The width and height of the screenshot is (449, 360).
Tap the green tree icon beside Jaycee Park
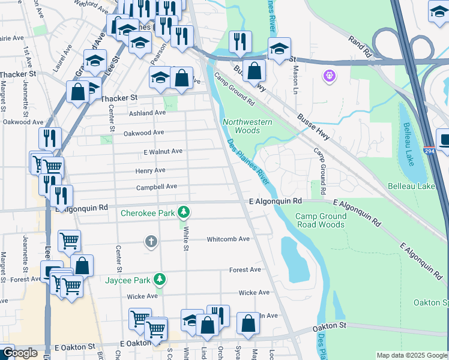click(x=160, y=279)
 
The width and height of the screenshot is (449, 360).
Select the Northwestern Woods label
click(x=247, y=126)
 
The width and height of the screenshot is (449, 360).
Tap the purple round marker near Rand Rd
click(x=328, y=76)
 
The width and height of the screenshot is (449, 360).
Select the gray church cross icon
click(x=151, y=241)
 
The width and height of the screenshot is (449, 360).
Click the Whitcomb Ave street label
click(x=228, y=239)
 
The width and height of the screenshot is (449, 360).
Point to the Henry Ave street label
click(x=150, y=170)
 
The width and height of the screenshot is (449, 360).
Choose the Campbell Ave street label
click(x=156, y=187)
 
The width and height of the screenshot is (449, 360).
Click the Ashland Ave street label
click(x=147, y=113)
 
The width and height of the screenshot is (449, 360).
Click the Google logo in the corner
click(x=20, y=353)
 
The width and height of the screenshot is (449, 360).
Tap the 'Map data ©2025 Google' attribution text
click(x=412, y=355)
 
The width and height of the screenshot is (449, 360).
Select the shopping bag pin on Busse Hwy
click(x=255, y=70)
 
